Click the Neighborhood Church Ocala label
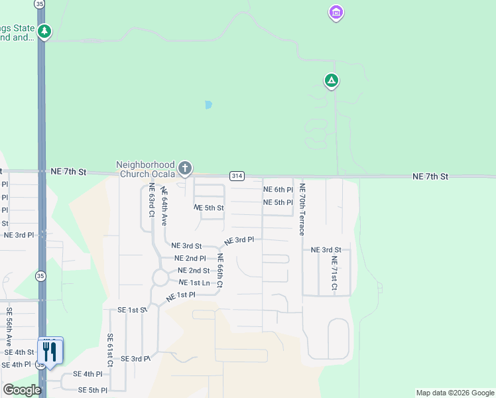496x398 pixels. pos(145,169)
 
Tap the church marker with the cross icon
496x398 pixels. pos(185,168)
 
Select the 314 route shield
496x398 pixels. pos(237,176)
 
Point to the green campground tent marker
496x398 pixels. pos(332,81)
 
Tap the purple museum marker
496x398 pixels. pos(336,13)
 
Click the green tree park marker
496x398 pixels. pos(44,31)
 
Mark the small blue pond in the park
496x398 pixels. pos(208,105)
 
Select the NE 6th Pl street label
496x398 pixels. pos(278,190)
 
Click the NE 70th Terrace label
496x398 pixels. pos(302,209)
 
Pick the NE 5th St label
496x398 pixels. pos(209,208)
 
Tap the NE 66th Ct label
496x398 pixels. pos(220,270)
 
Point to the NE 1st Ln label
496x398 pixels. pos(194,283)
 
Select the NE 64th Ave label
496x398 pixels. pos(163,206)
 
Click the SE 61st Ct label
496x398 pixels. pos(110,350)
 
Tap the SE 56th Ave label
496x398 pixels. pos(9,326)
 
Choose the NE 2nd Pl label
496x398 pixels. pos(190,258)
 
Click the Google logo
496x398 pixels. pos(21,390)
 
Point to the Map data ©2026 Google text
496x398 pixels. pos(454,393)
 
